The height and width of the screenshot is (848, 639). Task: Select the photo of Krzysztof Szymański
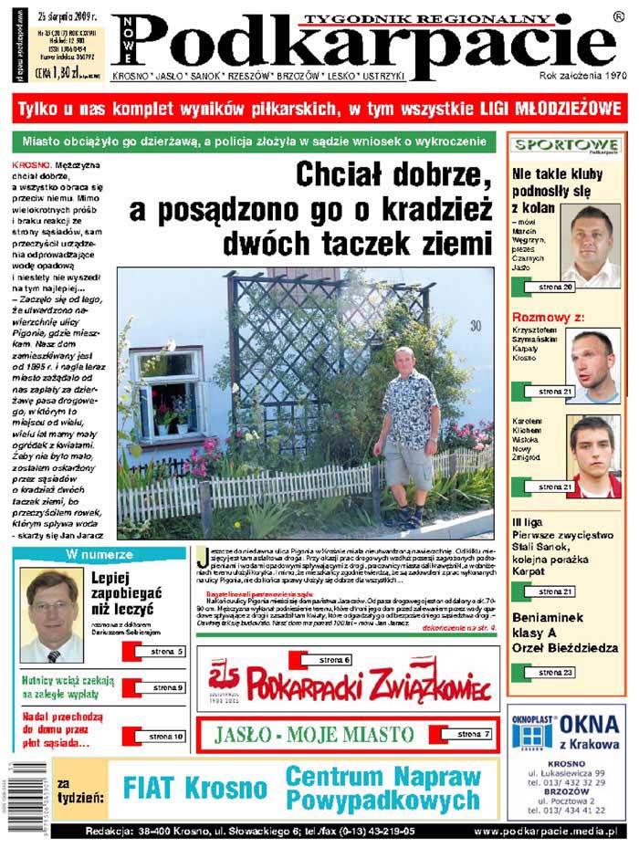592,365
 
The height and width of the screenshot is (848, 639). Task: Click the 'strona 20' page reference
555,288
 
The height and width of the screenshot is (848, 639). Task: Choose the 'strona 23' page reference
555,673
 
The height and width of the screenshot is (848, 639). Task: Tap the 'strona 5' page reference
166,651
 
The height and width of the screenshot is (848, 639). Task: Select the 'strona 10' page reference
166,736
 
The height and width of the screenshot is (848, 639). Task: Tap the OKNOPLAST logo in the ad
531,730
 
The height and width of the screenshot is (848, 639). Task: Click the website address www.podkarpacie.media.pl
545,832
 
